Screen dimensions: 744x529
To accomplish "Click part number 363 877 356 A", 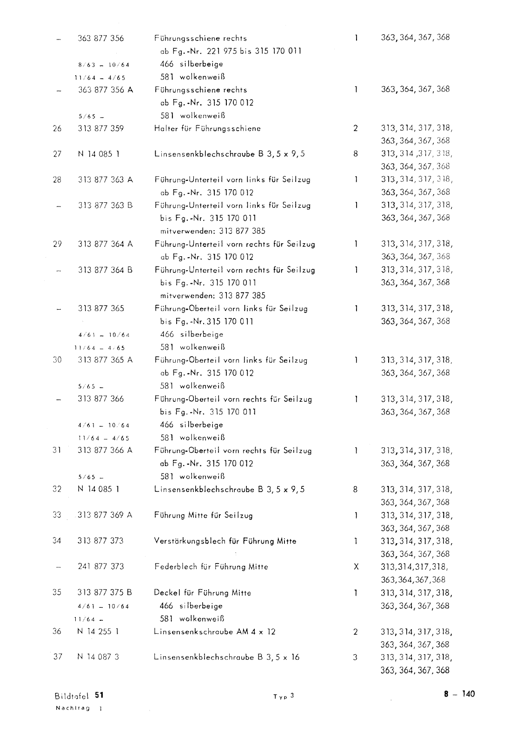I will (x=105, y=90).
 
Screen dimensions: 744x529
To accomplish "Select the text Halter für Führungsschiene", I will (x=207, y=128).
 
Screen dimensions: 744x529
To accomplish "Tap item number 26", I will (x=57, y=128).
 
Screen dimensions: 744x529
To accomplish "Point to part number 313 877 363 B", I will (x=105, y=205).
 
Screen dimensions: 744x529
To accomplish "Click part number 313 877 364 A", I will (x=105, y=244).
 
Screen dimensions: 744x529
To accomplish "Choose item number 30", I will (x=57, y=360).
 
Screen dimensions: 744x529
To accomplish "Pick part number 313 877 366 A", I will (x=105, y=450).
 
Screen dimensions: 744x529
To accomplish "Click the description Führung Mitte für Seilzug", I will (x=204, y=515).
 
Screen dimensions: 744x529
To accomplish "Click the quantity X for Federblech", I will (x=356, y=567).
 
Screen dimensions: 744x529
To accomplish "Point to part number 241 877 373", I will (x=101, y=566).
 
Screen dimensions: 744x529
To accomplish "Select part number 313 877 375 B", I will (x=105, y=592).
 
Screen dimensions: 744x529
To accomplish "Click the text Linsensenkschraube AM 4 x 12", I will (x=215, y=631).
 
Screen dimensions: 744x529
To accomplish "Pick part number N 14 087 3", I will (x=98, y=657).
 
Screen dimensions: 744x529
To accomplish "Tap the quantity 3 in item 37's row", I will (x=356, y=658).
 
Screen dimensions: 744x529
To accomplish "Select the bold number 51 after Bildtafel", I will (x=99, y=695).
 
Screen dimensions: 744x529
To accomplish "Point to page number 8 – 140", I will (x=459, y=694).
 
